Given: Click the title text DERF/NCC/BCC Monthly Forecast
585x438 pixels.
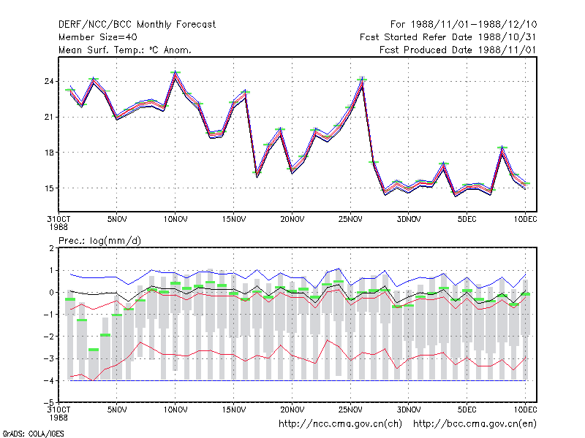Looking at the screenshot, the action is [x=137, y=25].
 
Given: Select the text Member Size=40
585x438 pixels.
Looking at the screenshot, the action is [x=98, y=37].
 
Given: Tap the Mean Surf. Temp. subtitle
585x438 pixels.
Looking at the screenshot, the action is [x=124, y=50].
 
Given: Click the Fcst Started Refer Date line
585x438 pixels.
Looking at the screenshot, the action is [x=448, y=37].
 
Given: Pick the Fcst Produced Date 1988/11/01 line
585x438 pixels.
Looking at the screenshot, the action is [x=458, y=50].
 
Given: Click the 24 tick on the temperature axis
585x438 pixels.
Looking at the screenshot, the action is [x=49, y=81].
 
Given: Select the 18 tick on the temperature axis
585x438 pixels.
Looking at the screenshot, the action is [x=49, y=153].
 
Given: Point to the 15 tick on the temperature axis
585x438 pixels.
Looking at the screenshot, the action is [x=49, y=188].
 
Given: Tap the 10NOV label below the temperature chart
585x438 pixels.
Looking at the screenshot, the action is [x=175, y=220].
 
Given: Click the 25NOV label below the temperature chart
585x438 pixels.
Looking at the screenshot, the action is [x=350, y=220].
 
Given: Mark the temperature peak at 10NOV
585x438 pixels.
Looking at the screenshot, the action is [x=175, y=72].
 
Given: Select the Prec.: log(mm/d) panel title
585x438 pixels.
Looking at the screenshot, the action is [x=99, y=241].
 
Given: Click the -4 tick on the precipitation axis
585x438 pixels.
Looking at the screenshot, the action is [x=49, y=380].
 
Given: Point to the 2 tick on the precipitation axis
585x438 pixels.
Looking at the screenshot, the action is [x=51, y=248].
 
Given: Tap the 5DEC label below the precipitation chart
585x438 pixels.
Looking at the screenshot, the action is [x=467, y=410].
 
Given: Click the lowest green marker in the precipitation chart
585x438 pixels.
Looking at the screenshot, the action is [x=94, y=350].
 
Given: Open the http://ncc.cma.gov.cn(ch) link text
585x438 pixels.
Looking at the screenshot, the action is [x=340, y=424].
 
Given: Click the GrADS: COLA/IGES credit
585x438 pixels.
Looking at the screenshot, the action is [x=33, y=434].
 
